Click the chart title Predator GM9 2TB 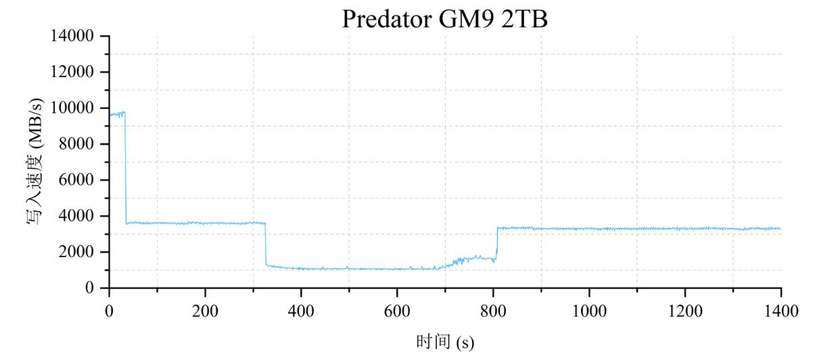coord(444,18)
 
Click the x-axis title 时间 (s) coord(444,342)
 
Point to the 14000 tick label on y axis coord(72,36)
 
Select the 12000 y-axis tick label coord(72,72)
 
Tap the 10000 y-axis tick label coord(72,108)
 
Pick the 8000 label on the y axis coord(76,144)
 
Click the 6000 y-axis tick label coord(76,180)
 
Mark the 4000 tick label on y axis coord(76,216)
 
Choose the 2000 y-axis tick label coord(76,252)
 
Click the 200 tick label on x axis coord(205,311)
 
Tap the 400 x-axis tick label coord(301,311)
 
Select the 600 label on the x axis coord(397,311)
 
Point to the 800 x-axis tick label coord(493,311)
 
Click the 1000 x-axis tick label coord(589,311)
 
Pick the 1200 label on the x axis coord(685,311)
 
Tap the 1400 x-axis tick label coord(781,311)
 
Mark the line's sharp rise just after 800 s coord(497,240)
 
